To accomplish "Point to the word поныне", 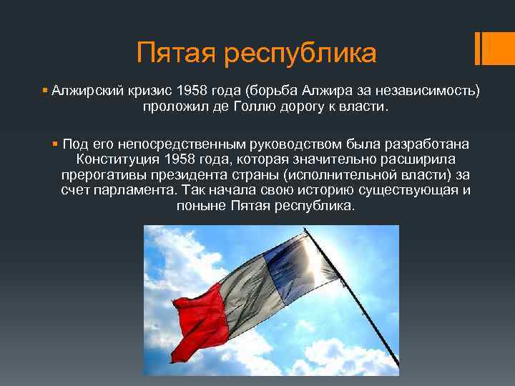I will (200, 207).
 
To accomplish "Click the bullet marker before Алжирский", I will (45, 91).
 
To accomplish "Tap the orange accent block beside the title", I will (496, 47).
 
